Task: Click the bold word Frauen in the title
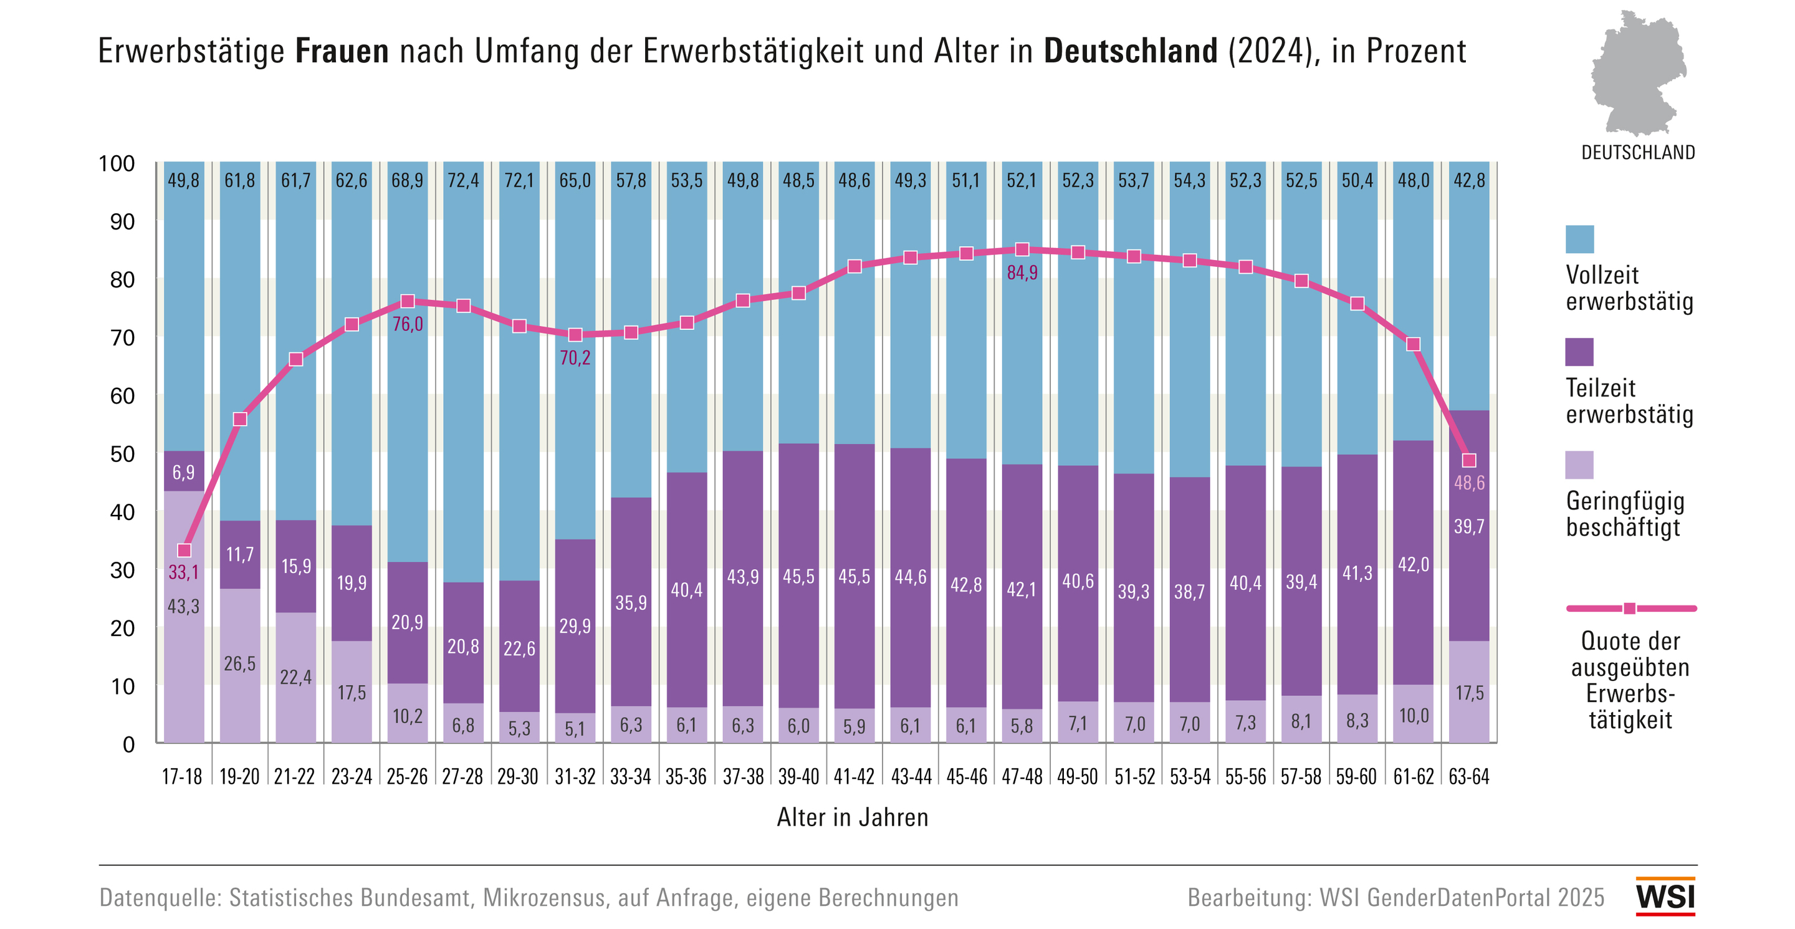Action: (x=342, y=51)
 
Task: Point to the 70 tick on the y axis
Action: (x=123, y=338)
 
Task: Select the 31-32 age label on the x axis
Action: (x=575, y=776)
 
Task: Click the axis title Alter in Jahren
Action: (x=852, y=817)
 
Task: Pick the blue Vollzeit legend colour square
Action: (x=1579, y=239)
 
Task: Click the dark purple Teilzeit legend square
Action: (x=1579, y=352)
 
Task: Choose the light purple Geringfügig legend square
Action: (x=1579, y=465)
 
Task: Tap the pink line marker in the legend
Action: (x=1629, y=609)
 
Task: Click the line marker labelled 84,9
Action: (x=1022, y=249)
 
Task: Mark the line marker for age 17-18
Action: (x=184, y=551)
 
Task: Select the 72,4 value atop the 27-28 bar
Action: (x=462, y=181)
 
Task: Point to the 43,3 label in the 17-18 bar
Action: (x=183, y=606)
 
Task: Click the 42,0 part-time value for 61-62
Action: (x=1413, y=564)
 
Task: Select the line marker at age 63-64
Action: (x=1469, y=461)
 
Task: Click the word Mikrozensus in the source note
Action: (x=543, y=898)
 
